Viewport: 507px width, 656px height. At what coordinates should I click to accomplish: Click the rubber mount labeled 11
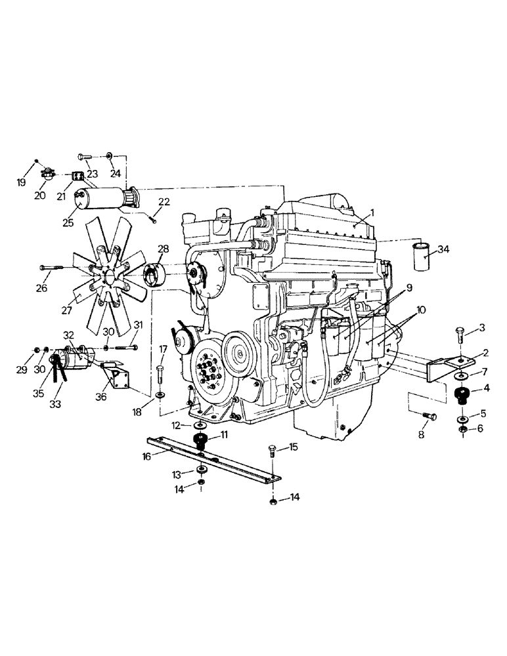[200, 439]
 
